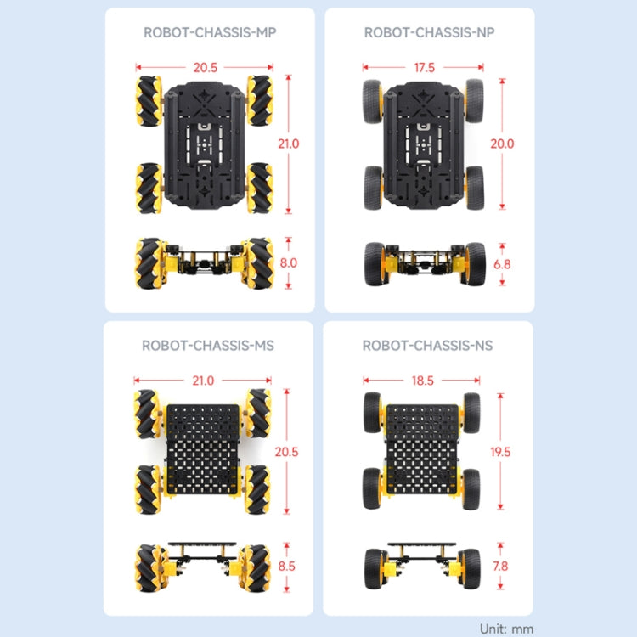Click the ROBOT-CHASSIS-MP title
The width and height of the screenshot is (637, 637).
[210, 33]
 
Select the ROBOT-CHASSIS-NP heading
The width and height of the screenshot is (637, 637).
[429, 33]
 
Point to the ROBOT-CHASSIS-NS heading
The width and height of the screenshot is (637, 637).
[427, 346]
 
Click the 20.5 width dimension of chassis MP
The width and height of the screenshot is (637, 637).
[205, 66]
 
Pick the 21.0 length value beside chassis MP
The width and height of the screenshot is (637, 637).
[289, 144]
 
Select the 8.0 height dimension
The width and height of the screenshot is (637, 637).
[289, 262]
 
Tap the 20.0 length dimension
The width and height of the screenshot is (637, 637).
[502, 144]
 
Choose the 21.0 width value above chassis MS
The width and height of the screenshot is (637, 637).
[203, 381]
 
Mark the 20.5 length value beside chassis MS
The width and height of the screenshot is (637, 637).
[287, 452]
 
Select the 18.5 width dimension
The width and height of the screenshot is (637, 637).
[422, 381]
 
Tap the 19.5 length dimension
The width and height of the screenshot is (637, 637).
[501, 452]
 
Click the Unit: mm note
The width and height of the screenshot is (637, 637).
[507, 629]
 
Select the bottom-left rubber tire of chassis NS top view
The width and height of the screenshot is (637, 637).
[373, 488]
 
